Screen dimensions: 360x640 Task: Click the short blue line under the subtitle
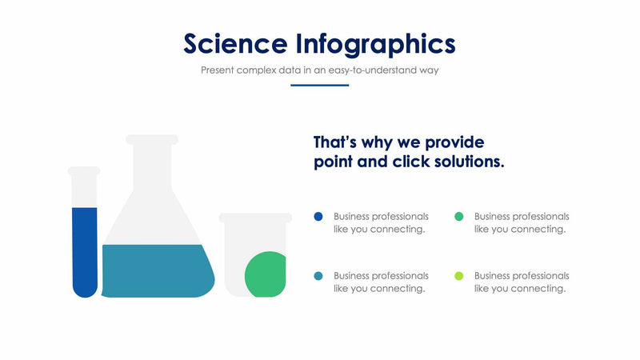pyautogui.click(x=319, y=85)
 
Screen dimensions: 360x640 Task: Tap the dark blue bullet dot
pyautogui.click(x=318, y=216)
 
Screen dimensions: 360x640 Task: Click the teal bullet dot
pyautogui.click(x=318, y=276)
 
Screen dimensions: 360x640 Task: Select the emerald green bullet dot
pyautogui.click(x=458, y=216)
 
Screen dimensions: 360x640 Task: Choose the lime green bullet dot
pyautogui.click(x=458, y=276)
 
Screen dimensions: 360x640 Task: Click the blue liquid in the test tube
pyautogui.click(x=85, y=248)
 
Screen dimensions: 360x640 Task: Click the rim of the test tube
pyautogui.click(x=84, y=170)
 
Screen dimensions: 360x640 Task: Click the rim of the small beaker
pyautogui.click(x=255, y=218)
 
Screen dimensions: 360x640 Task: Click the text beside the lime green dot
pyautogui.click(x=521, y=282)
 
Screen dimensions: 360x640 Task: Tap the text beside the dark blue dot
pyautogui.click(x=381, y=222)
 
